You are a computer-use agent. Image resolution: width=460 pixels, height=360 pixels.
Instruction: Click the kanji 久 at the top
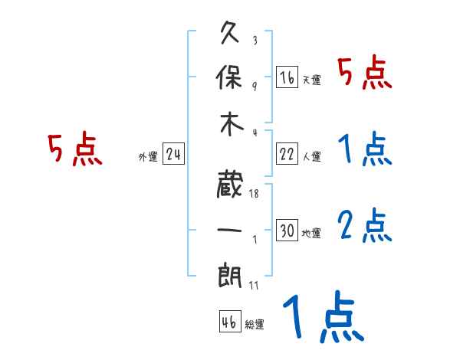pos(230,34)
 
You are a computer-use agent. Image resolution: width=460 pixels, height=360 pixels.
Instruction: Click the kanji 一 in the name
pos(230,228)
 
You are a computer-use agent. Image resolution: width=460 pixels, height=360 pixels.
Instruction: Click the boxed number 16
pos(287,77)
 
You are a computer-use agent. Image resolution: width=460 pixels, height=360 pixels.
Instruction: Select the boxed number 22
pos(287,155)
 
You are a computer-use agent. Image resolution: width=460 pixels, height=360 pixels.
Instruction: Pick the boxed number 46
pos(228,322)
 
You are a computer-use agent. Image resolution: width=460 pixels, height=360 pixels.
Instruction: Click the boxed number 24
pos(173,155)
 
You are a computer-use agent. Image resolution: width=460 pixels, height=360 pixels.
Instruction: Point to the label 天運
pos(311,80)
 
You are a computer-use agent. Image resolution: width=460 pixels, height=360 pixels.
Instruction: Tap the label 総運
pos(254,325)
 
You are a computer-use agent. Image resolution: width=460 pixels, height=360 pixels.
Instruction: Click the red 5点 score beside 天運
pos(365,75)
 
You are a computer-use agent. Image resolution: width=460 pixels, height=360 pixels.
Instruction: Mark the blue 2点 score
pos(365,224)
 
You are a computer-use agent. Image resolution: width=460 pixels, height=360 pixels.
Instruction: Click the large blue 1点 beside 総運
pos(322,318)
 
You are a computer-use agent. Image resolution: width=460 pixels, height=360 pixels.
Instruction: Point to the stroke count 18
pos(254,195)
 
